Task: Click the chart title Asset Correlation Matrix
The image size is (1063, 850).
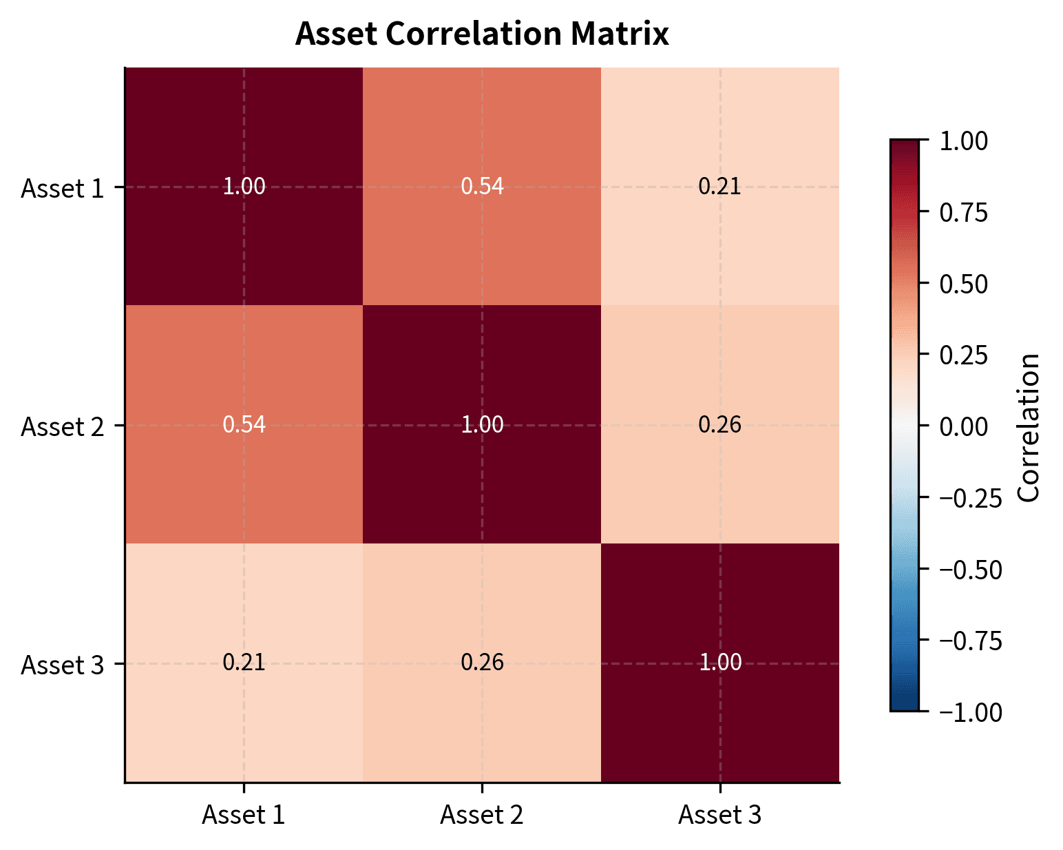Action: point(482,34)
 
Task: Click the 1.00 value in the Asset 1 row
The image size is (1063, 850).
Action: point(244,186)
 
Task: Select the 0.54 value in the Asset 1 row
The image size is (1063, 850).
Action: point(482,186)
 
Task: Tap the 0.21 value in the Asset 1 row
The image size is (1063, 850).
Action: point(719,186)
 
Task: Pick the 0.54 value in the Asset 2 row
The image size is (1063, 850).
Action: point(244,424)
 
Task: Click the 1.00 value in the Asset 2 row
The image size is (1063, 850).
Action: point(482,424)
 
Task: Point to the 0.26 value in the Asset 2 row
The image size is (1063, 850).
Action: point(719,424)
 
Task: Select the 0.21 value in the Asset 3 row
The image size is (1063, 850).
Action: point(244,663)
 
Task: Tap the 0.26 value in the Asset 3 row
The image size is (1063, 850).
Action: point(482,663)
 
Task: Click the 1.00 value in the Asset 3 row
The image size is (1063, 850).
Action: point(720,663)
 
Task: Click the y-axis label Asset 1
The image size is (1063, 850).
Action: point(63,188)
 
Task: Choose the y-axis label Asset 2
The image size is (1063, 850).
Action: point(63,426)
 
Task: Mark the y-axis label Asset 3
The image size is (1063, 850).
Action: point(63,665)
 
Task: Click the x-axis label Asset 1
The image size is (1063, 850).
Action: point(243,815)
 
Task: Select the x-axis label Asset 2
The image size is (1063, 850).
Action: point(482,815)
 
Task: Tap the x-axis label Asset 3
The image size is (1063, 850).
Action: point(720,815)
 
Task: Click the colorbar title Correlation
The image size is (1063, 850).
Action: point(1028,427)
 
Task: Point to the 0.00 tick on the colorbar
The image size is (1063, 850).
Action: point(964,426)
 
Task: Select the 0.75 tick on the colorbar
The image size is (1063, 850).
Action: point(964,213)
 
